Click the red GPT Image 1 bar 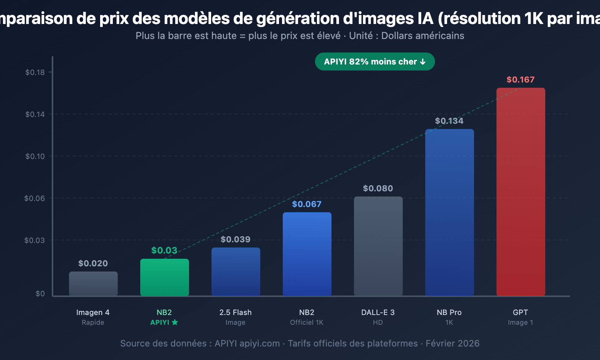(x=520, y=191)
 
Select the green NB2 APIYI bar (x=164, y=277)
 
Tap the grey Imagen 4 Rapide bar (x=93, y=284)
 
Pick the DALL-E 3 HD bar (x=378, y=246)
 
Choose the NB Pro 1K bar (x=449, y=212)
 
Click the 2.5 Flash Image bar (x=235, y=271)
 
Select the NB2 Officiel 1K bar (x=307, y=254)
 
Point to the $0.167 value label (x=520, y=79)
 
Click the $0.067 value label (x=307, y=204)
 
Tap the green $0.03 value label (x=164, y=250)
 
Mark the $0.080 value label (x=378, y=188)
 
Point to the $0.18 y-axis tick (x=35, y=72)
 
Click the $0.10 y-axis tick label (x=35, y=156)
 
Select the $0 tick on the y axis (x=40, y=294)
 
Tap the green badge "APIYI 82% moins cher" (x=375, y=61)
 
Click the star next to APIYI (x=175, y=322)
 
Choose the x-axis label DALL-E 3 (x=378, y=312)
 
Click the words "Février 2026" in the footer (x=452, y=343)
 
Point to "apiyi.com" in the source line (x=259, y=343)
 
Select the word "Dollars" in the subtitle (x=397, y=36)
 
